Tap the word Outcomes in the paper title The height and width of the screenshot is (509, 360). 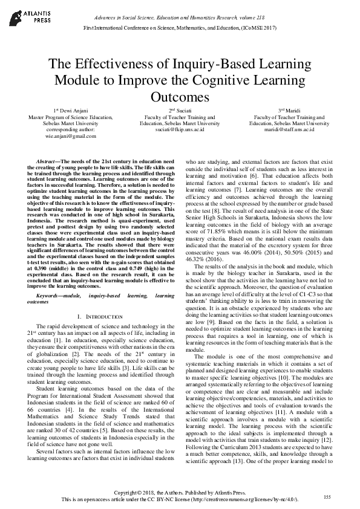coord(180,96)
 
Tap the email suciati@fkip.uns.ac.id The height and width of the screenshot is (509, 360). coord(180,129)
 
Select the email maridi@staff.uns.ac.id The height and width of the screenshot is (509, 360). coord(289,129)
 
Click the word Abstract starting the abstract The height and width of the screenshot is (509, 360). coord(48,163)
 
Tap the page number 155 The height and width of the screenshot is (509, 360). coord(327,497)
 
